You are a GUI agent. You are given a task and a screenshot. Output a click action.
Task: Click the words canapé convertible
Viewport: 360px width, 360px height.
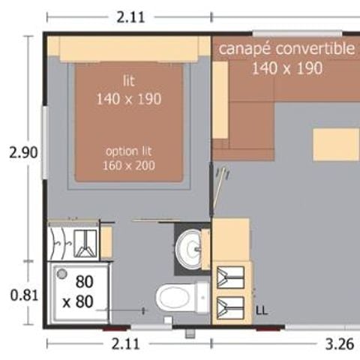286,49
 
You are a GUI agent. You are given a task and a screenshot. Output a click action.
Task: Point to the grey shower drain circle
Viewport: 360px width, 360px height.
62,274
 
